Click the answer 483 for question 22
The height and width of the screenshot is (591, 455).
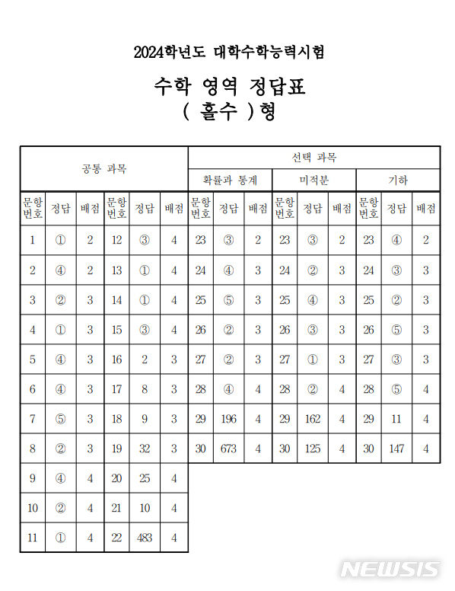tap(144, 538)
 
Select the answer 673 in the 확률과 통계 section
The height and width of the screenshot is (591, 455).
tap(228, 449)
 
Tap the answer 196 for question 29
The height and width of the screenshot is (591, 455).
tap(228, 419)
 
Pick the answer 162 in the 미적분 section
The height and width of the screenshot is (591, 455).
tap(312, 419)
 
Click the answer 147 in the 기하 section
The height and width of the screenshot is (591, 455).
tap(396, 449)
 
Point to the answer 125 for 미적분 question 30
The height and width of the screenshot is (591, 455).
tap(312, 449)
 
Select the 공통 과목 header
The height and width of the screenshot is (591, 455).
tap(104, 168)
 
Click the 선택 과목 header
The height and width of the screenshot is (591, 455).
tap(313, 158)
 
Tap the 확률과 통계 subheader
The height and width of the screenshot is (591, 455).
tap(230, 180)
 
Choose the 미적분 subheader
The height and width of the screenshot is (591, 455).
tap(313, 180)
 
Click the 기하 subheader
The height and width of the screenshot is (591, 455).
tap(398, 180)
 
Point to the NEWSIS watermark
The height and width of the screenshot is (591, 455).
tap(390, 570)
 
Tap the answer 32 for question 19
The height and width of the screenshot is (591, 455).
tap(144, 449)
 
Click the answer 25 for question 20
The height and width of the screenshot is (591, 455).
tap(144, 478)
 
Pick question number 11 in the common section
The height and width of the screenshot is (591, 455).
tap(32, 538)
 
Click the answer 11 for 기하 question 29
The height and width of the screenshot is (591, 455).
tap(396, 419)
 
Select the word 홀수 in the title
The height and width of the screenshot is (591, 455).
tap(221, 112)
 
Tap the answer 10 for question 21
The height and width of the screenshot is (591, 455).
tap(144, 508)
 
